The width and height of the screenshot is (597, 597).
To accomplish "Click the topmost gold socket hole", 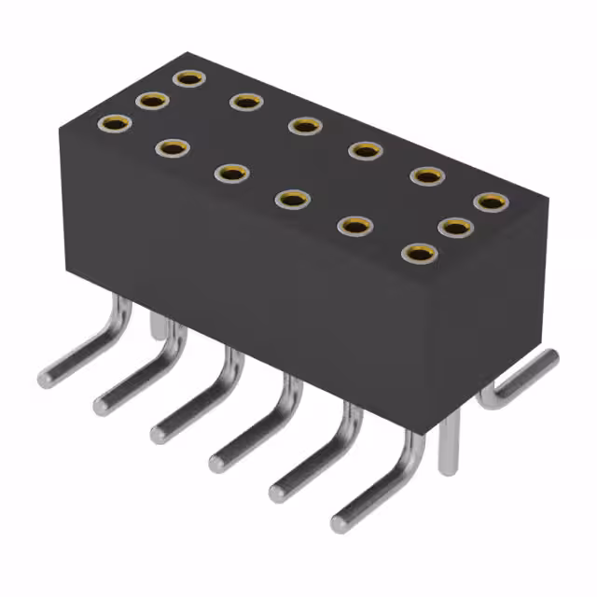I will tap(189, 78).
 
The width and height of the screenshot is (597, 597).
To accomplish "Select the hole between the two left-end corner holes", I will tap(151, 100).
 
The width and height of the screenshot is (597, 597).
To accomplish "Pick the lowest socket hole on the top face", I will tap(419, 253).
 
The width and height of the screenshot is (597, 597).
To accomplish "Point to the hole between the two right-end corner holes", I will tap(453, 226).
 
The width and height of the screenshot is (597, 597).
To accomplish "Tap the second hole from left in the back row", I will tap(245, 101).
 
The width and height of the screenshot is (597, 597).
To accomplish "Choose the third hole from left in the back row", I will tap(304, 125).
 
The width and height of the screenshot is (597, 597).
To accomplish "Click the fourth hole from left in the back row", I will tap(366, 150).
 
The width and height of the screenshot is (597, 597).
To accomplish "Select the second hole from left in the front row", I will tap(173, 147).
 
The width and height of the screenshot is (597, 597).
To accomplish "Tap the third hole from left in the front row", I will tap(231, 173).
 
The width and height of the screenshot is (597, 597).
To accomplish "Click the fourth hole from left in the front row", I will tap(293, 198).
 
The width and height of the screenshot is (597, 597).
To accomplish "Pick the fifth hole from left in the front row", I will tap(354, 225).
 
